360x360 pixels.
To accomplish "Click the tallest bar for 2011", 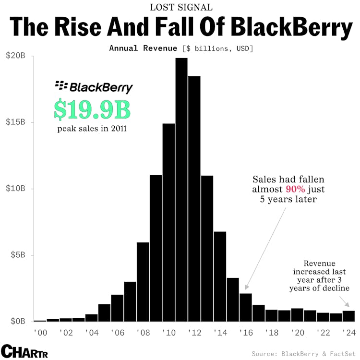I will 181,190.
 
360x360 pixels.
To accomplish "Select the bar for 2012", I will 194,199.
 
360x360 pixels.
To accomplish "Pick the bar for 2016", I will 245,307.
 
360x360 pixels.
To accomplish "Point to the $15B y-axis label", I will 16,122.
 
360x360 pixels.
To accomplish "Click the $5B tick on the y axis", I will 18,255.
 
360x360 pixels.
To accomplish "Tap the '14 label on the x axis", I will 220,332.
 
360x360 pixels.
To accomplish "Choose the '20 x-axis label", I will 297,332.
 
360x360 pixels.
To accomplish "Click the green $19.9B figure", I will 92,109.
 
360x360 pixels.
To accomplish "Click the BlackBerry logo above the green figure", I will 94,87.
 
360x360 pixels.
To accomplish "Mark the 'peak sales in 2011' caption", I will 92,129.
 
